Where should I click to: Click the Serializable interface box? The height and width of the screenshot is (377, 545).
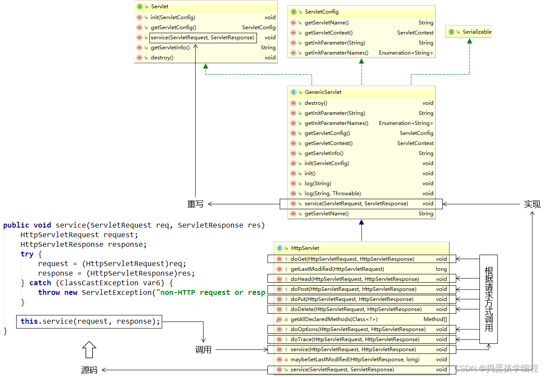469,32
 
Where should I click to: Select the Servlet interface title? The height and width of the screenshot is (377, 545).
160,7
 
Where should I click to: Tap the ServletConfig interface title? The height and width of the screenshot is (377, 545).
321,12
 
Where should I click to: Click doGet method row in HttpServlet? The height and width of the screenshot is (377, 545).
352,259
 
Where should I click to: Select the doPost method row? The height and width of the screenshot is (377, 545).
353,289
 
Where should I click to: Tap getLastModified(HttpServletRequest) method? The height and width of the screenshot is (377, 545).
337,269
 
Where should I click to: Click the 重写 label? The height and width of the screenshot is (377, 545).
195,204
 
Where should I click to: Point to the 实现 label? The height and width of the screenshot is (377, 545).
532,204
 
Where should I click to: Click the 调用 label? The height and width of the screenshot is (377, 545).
203,350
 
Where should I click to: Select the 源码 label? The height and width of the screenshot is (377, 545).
89,370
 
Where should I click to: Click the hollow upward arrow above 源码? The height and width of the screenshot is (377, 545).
89,350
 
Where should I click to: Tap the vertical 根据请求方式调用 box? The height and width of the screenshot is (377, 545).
489,299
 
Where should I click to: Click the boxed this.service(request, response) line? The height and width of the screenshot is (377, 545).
89,322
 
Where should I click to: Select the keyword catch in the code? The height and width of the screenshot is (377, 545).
40,283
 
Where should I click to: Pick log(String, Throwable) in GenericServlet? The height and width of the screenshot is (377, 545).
332,194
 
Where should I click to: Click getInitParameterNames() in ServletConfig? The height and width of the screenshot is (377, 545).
336,53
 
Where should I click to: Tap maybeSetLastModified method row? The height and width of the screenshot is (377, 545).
354,360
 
